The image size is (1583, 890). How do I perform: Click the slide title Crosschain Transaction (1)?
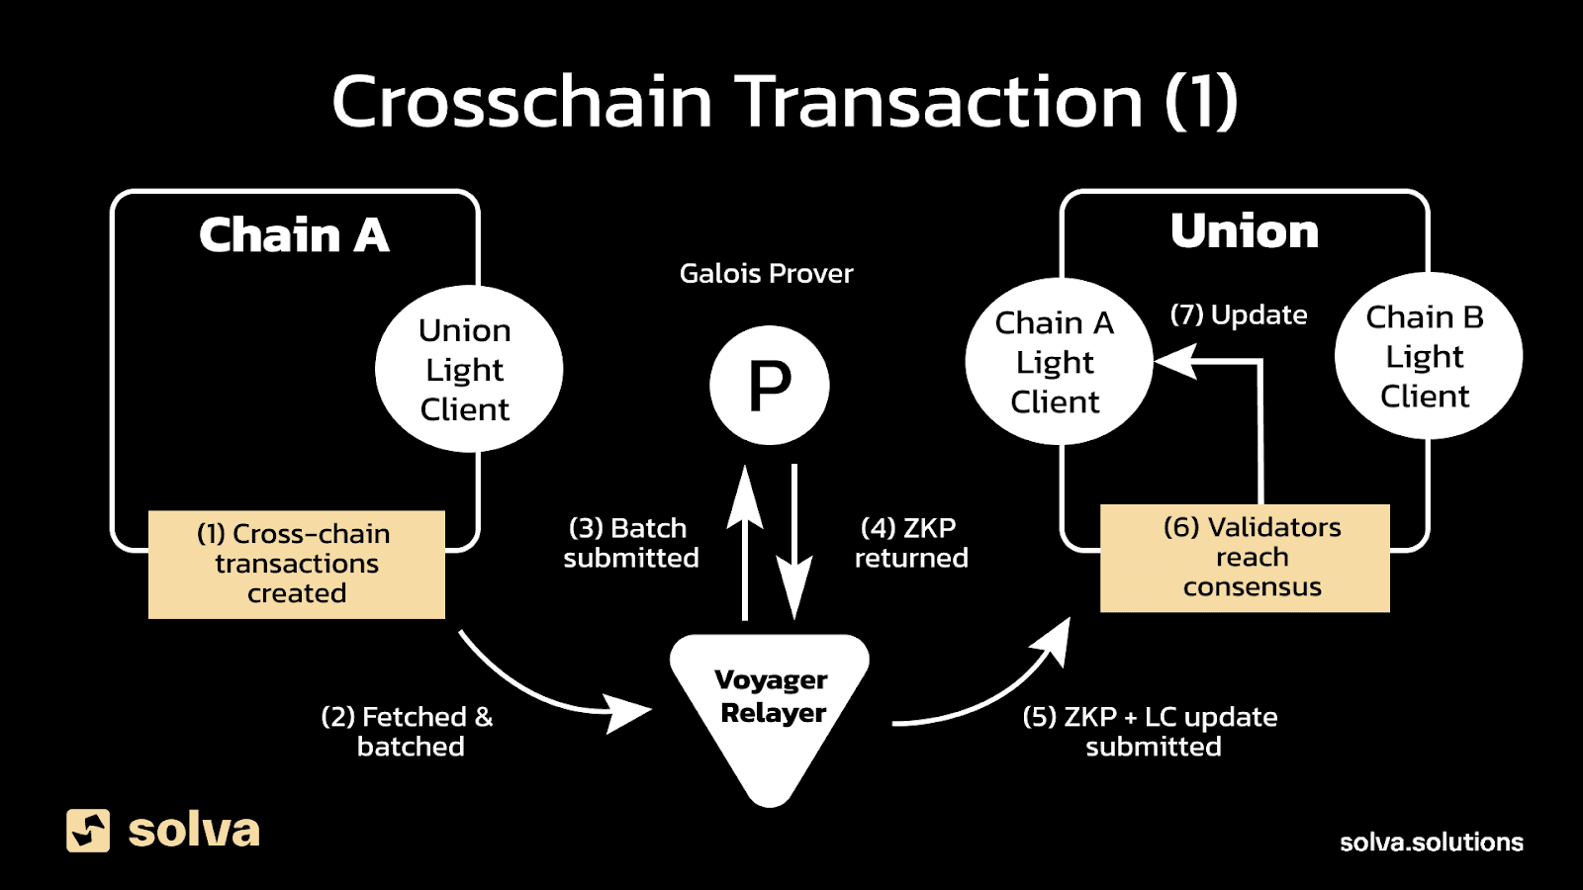point(785,101)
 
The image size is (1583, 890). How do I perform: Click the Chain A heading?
point(294,235)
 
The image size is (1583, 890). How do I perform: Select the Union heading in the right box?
point(1245,231)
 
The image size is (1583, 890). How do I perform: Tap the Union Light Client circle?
point(468,369)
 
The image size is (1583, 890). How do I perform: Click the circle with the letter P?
point(769,386)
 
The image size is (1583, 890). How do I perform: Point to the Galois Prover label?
point(766,274)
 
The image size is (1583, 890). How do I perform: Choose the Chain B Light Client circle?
point(1426,356)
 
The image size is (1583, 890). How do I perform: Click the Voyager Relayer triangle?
point(770,707)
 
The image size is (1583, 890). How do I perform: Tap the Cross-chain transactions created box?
point(296,564)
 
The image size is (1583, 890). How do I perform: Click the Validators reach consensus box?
point(1245,557)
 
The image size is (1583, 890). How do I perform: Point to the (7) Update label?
point(1238,314)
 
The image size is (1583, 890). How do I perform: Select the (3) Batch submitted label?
point(630,543)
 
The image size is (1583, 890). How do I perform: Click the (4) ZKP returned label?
point(910,543)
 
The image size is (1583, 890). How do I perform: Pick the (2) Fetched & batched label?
point(408,731)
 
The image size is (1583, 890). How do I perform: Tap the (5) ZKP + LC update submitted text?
point(1151,731)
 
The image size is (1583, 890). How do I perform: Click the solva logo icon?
point(88,830)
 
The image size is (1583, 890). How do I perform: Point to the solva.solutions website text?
point(1431,842)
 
